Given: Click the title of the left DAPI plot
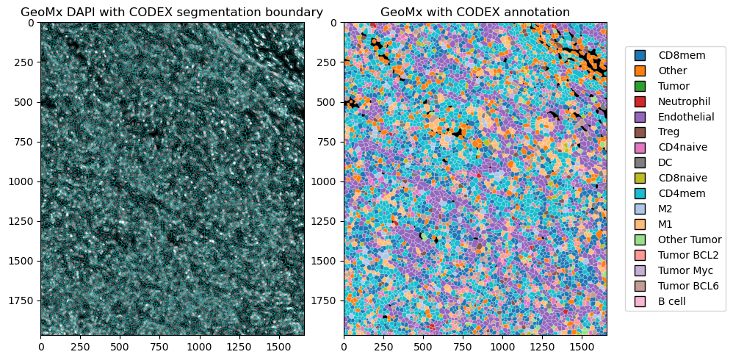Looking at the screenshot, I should pos(172,12).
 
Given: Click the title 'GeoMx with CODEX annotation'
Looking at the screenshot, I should pos(475,12).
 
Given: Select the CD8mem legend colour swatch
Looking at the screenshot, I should pos(640,55).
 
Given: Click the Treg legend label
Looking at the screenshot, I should pos(668,132).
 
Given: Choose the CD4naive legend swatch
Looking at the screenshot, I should pos(640,148).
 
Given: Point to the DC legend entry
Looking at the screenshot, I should pos(665,163).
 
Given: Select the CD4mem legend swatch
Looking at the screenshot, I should pos(640,193).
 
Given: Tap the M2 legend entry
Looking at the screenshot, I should pos(666,209).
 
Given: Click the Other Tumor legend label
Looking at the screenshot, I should pos(690,240).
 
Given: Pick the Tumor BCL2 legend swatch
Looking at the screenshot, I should pos(640,255).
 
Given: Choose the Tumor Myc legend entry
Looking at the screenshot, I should pos(685,270).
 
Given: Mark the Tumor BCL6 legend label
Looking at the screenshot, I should pos(688,286).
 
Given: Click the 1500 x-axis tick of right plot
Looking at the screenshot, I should pos(581,345).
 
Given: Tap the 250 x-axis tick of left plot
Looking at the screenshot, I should pos(80,345).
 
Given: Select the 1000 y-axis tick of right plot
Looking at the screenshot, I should pos(325,181).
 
